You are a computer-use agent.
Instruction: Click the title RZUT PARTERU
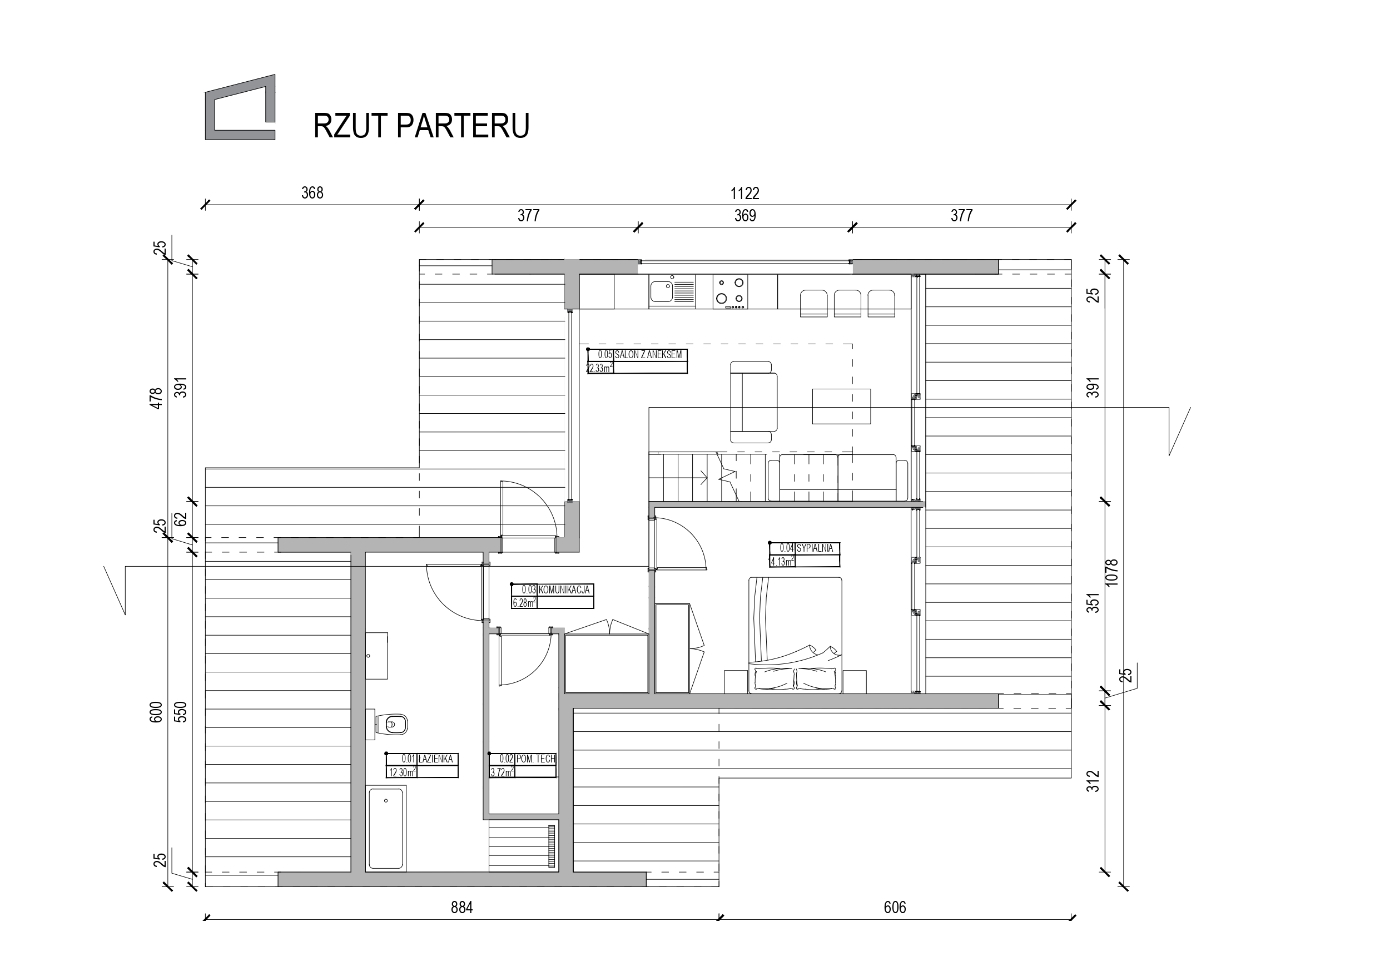click(421, 126)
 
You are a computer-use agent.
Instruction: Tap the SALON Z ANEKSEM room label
click(648, 355)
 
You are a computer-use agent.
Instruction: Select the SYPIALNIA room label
click(815, 548)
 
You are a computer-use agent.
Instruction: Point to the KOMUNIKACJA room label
click(564, 590)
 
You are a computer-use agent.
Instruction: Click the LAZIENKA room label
click(436, 759)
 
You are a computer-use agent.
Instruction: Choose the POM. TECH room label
click(535, 759)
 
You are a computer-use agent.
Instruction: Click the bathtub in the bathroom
click(386, 828)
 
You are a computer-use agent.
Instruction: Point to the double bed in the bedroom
click(795, 635)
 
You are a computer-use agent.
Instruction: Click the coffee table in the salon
click(841, 406)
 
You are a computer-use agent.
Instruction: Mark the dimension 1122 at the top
click(744, 194)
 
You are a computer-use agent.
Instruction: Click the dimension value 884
click(461, 908)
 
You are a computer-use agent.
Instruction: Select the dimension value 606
click(895, 908)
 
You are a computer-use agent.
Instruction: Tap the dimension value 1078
click(1111, 572)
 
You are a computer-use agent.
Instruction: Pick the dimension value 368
click(312, 193)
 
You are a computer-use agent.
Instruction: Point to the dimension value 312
click(1093, 781)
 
